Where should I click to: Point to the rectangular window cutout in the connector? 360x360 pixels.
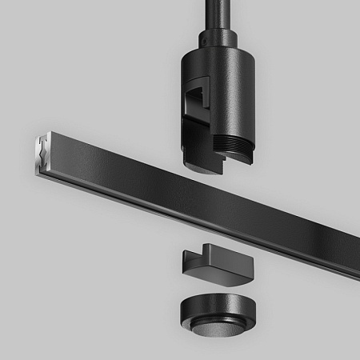coord(194,100)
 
